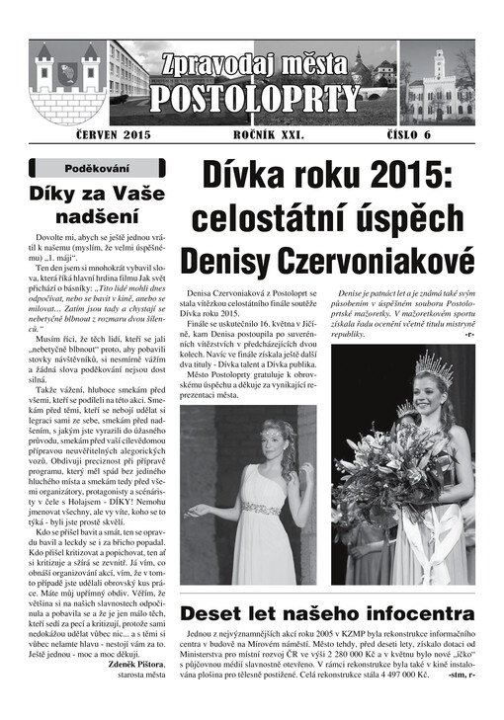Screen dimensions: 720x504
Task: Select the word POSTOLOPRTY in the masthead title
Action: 256,99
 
